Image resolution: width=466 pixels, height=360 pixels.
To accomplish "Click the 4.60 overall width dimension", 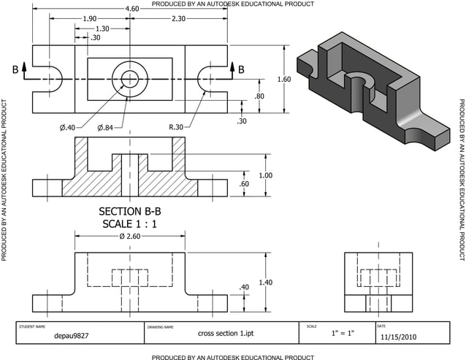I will pos(131,9).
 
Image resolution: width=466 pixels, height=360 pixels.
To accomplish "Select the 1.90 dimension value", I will pos(89,18).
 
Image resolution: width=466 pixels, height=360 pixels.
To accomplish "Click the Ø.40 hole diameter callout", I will pos(67,128).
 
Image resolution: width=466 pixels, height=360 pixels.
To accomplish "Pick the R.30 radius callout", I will pos(176,127).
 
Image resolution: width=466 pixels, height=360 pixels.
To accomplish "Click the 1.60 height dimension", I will pos(284,79).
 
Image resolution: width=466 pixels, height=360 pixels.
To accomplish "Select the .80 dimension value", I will pos(259,96).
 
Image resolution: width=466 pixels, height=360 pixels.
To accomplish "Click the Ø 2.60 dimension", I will pos(130,237).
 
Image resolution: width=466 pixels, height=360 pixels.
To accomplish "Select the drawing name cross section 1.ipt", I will pos(221,334).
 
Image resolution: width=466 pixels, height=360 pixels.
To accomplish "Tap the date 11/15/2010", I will pos(399,337).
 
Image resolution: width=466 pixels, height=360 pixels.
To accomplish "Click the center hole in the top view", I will pos(130,79).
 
